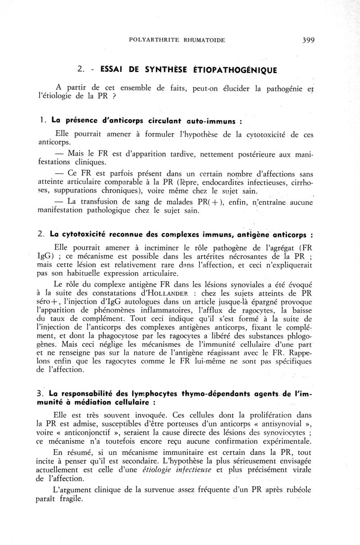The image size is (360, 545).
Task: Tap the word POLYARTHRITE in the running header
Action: [x=149, y=40]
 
